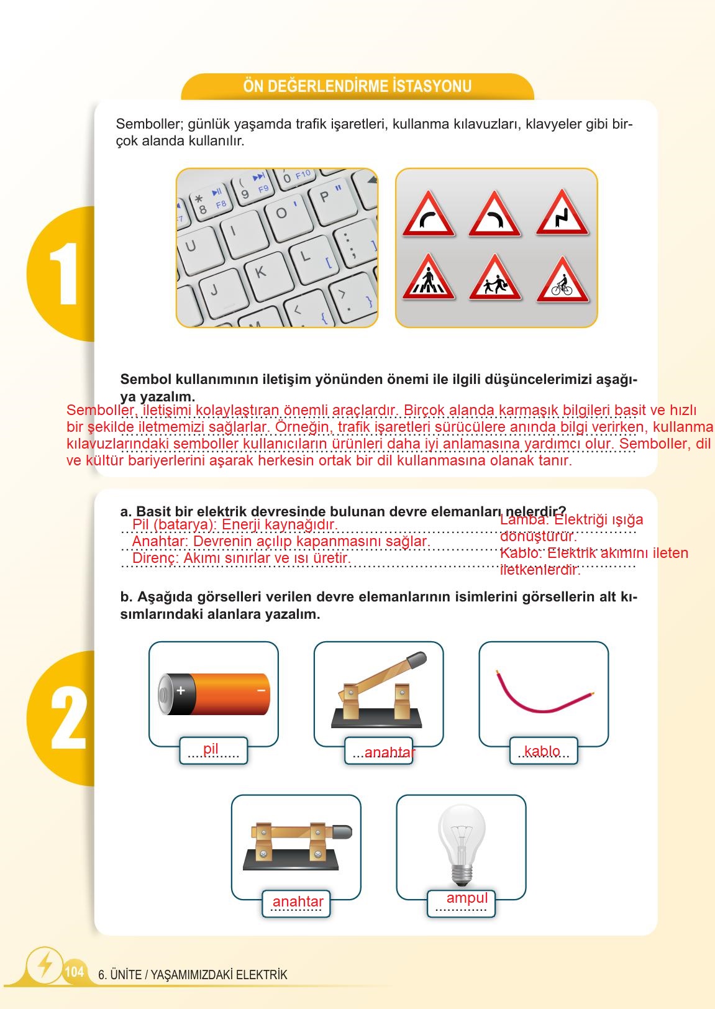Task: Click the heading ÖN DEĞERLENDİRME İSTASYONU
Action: coord(357,86)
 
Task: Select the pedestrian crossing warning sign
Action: coord(428,279)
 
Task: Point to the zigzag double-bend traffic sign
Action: coord(562,215)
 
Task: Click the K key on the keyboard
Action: coord(261,272)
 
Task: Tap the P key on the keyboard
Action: coord(325,197)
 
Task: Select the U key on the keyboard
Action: coord(191,246)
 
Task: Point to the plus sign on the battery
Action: coord(181,690)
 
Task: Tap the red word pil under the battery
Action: coord(211,749)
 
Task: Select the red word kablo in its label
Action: coord(542,751)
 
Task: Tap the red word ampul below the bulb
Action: coord(467,898)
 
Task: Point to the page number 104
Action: coord(74,972)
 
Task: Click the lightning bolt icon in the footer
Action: coord(45,964)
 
